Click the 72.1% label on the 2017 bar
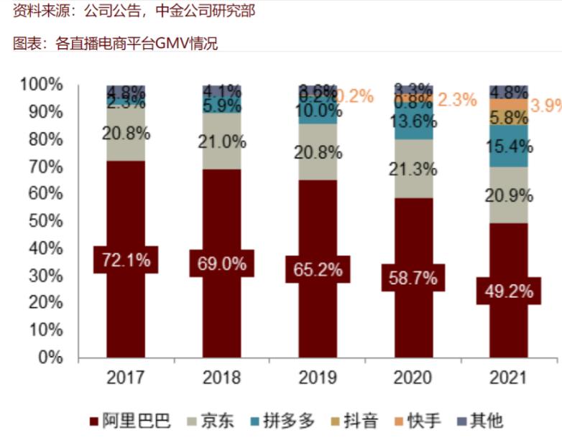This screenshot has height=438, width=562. (126, 260)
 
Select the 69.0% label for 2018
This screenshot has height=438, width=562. (221, 263)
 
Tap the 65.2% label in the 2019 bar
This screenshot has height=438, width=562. (317, 269)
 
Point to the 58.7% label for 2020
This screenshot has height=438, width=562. (413, 277)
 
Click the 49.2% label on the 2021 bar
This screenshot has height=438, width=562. (508, 291)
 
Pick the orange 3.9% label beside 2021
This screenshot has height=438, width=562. (546, 106)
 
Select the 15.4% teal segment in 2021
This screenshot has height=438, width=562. (508, 146)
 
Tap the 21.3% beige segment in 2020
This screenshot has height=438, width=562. (413, 169)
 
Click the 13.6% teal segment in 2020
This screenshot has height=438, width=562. (413, 121)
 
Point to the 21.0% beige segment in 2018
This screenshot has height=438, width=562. (221, 141)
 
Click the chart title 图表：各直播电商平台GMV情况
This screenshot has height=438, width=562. (116, 44)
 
